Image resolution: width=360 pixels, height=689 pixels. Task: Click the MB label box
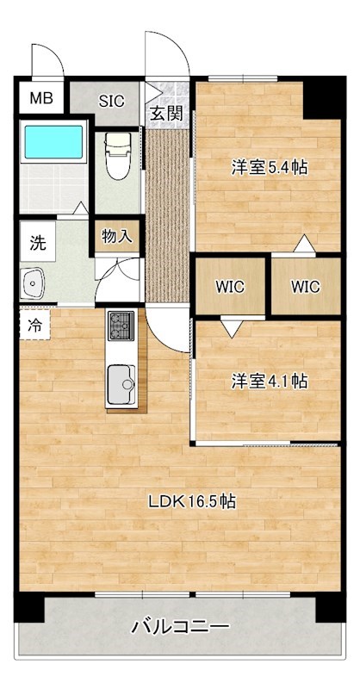pyautogui.click(x=40, y=98)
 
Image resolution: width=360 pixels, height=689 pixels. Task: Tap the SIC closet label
pyautogui.click(x=110, y=100)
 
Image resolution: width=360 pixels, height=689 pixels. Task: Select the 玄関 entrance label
pyautogui.click(x=167, y=113)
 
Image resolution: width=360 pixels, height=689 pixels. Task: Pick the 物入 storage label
pyautogui.click(x=117, y=235)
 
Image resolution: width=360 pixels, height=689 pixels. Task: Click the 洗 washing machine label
pyautogui.click(x=38, y=243)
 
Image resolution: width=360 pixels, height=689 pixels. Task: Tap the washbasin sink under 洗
pyautogui.click(x=35, y=282)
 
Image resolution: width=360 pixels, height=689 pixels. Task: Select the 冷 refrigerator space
pyautogui.click(x=34, y=326)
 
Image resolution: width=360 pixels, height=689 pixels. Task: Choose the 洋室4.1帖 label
pyautogui.click(x=270, y=381)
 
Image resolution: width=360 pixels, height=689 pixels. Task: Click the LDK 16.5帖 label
pyautogui.click(x=192, y=501)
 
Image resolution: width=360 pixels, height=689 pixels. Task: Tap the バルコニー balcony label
pyautogui.click(x=180, y=627)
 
